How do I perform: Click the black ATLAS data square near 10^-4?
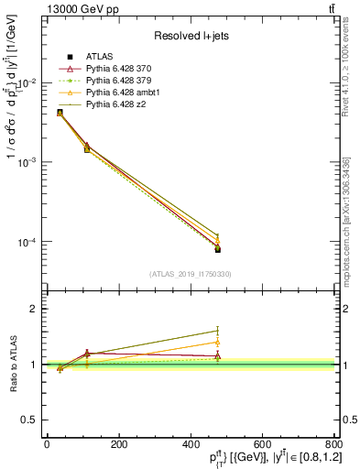(x=218, y=249)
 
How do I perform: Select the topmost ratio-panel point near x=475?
(x=218, y=331)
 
